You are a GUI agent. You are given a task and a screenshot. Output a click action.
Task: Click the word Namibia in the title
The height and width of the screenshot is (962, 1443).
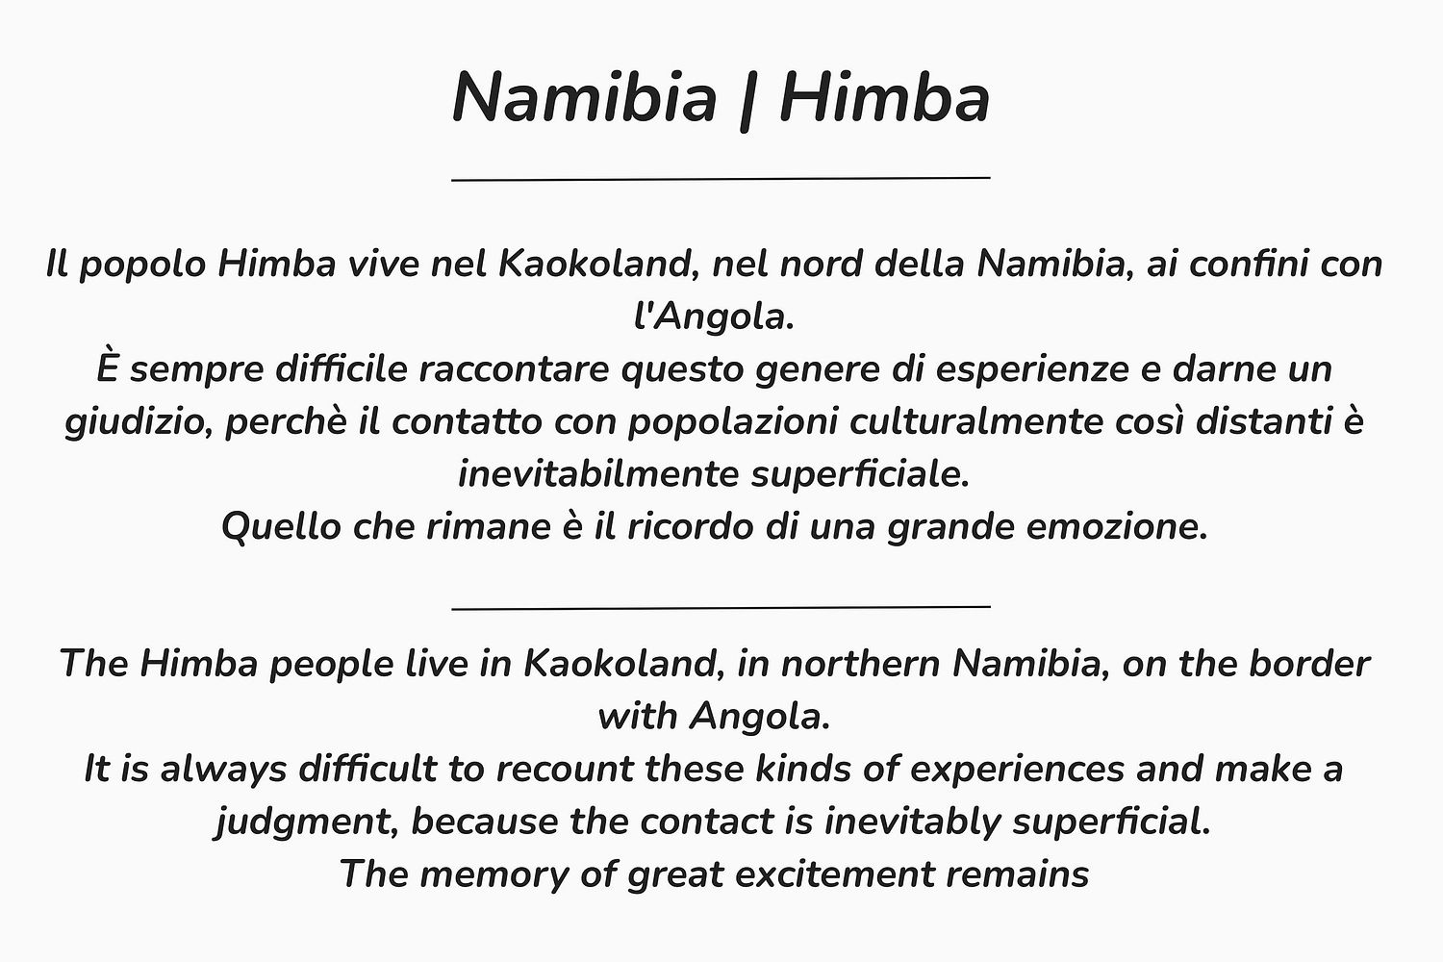point(585,98)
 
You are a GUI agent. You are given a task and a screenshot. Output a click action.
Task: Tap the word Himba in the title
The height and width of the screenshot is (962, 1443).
point(884,98)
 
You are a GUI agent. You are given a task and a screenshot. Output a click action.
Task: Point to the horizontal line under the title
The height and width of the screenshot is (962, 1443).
point(721,179)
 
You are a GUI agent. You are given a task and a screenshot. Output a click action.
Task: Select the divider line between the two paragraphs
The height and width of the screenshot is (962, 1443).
point(721,606)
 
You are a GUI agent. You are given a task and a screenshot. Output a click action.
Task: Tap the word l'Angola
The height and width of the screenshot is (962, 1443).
point(714,318)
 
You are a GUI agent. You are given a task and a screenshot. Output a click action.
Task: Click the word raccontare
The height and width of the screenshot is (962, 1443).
point(514,369)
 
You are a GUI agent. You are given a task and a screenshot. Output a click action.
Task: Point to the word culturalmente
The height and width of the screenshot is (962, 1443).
point(976,422)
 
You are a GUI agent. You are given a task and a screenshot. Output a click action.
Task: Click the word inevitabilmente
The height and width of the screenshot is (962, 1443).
point(598,475)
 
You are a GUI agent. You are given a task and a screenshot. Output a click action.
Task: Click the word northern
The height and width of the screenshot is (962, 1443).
point(860,665)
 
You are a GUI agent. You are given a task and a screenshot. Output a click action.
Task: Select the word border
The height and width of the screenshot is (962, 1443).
point(1309,663)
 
